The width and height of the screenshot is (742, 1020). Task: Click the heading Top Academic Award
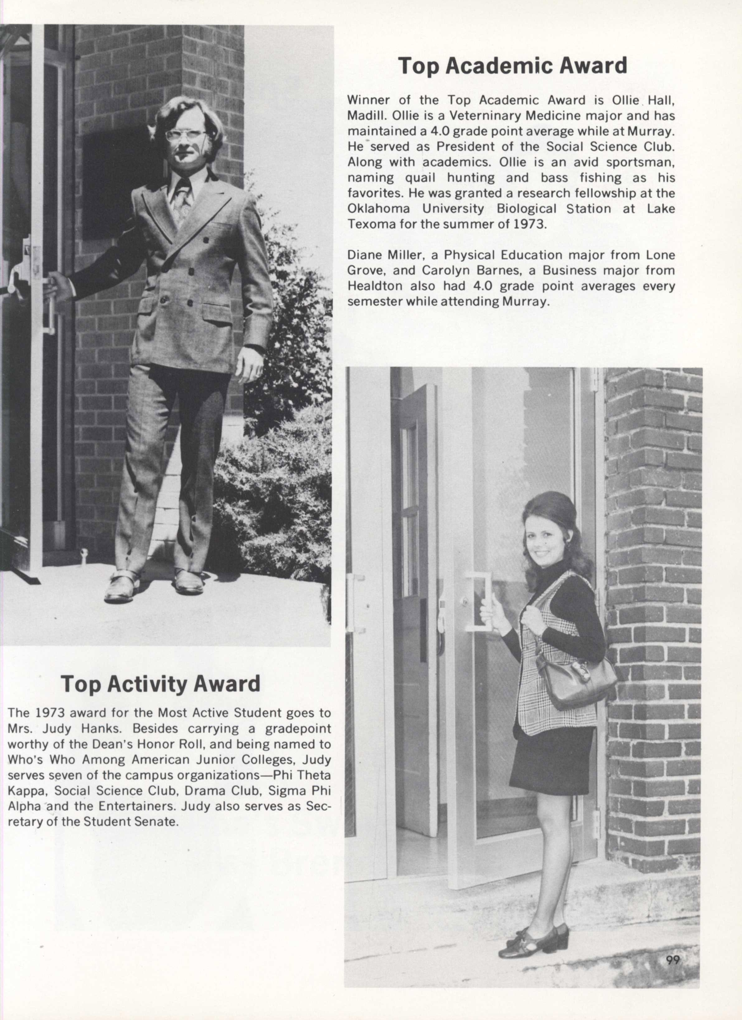(512, 66)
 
